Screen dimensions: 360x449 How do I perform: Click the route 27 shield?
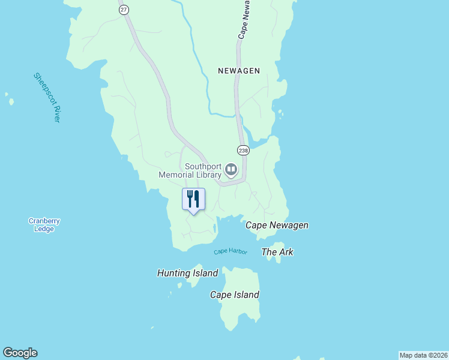point(124,10)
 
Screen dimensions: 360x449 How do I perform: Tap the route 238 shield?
point(243,150)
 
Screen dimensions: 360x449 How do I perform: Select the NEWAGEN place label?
point(239,71)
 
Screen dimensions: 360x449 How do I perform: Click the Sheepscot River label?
point(47,98)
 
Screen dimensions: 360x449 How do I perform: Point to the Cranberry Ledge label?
point(44,224)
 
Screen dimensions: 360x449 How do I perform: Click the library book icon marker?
point(231,171)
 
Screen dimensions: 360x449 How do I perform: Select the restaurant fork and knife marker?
point(193,200)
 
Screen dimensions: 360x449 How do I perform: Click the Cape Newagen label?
point(277,225)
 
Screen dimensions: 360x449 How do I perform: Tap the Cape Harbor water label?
point(231,251)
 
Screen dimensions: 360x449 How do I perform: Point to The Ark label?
point(277,252)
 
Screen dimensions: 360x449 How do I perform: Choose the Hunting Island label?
point(187,273)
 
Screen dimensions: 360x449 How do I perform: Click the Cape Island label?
point(235,295)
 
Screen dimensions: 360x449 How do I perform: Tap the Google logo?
point(20,353)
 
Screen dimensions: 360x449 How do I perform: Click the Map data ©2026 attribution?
point(423,355)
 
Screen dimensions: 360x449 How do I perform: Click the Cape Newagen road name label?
point(243,27)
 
